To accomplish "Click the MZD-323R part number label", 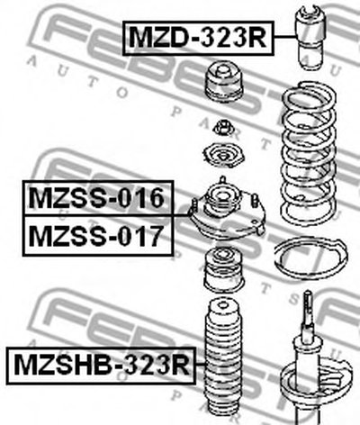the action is point(198,38).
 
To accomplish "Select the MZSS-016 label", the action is point(98,198).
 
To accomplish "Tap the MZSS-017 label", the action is point(98,236).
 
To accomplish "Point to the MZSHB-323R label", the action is point(101,366).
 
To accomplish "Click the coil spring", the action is point(309,153).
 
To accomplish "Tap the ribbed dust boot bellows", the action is point(222,360).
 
